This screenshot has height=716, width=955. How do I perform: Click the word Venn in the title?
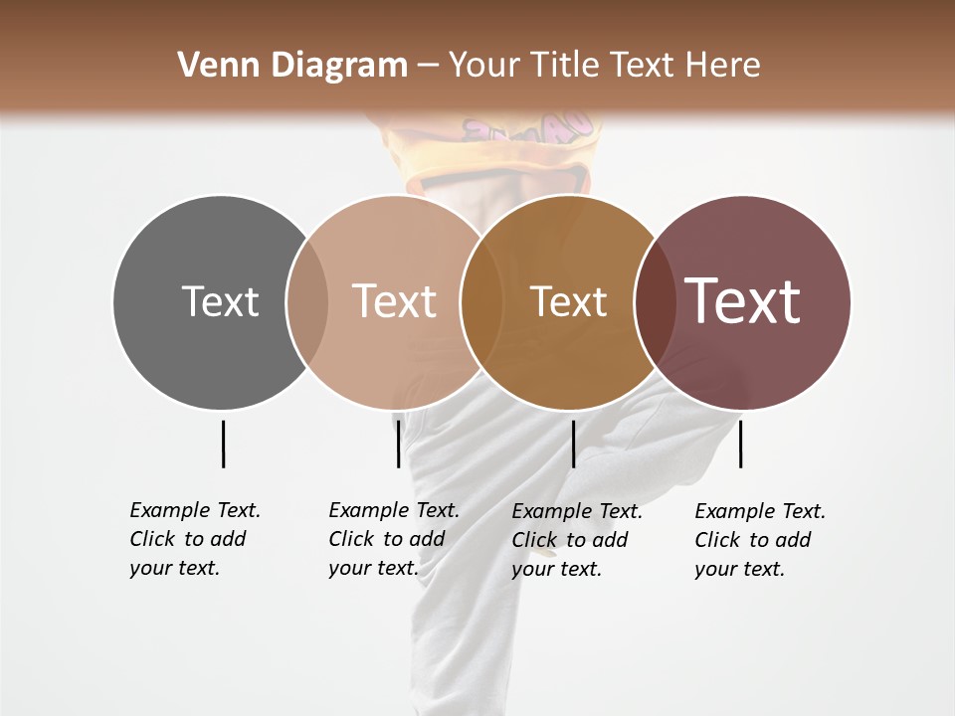(211, 66)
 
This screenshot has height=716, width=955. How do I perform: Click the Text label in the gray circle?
(220, 301)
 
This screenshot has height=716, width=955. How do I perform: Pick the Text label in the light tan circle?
(394, 301)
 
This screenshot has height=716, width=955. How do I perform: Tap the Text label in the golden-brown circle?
(568, 301)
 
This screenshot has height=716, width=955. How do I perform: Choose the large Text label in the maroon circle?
(743, 301)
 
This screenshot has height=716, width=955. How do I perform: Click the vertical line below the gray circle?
(223, 444)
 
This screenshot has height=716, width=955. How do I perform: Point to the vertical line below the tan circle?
(398, 444)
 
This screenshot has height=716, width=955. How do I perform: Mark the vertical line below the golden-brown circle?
(573, 444)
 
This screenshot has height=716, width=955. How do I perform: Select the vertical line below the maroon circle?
(741, 444)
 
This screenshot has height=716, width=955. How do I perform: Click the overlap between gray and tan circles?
(307, 301)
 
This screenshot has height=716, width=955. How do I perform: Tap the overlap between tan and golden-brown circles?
(480, 301)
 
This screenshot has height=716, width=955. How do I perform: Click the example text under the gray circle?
(194, 539)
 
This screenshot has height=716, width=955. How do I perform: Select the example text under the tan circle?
(393, 539)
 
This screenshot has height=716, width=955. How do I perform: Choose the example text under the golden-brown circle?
(576, 540)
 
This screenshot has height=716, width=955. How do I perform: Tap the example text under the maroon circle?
(759, 540)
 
